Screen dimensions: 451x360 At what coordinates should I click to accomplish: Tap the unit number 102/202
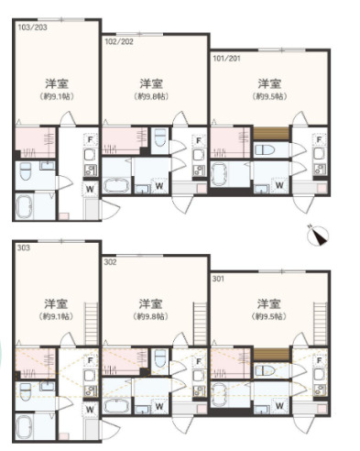(119, 41)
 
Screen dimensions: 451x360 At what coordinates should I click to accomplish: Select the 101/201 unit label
(227, 57)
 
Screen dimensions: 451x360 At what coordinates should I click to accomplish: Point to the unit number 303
(23, 247)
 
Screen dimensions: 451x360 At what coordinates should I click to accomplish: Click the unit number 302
(111, 262)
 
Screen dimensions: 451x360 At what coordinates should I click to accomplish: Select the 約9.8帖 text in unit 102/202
(150, 95)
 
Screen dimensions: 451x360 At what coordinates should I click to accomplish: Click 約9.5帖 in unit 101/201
(268, 95)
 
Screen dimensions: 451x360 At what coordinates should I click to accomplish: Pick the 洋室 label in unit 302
(150, 303)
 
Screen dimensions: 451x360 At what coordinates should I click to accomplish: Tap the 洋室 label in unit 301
(268, 303)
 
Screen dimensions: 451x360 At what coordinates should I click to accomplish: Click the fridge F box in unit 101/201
(318, 140)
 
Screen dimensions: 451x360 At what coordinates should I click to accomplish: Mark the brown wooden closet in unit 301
(267, 355)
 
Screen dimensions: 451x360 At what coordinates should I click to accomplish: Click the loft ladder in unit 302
(195, 325)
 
